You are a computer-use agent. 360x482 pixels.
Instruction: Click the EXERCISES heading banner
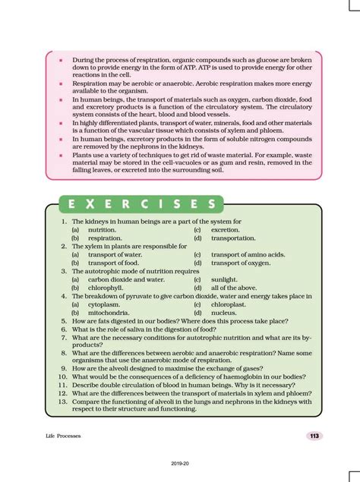click(141, 204)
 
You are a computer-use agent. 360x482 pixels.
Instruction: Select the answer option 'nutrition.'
click(102, 229)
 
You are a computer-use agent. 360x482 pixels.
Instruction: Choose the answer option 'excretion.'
click(225, 229)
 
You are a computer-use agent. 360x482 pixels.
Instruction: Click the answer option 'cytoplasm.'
click(105, 304)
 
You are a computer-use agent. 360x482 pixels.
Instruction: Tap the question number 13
click(64, 402)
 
